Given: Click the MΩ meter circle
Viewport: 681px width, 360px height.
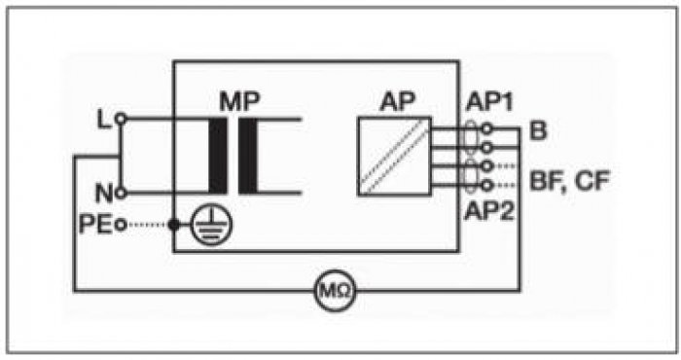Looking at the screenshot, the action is (x=335, y=290).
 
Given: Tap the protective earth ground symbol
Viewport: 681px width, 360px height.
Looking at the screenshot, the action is (x=212, y=225).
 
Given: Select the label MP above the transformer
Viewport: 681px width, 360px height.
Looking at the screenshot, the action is (x=239, y=101).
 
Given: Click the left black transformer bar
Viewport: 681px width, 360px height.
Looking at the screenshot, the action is (x=218, y=156).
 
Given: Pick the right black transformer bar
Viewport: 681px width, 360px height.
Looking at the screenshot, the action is (x=248, y=156).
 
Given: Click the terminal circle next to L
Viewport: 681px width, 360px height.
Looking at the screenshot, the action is (x=121, y=119).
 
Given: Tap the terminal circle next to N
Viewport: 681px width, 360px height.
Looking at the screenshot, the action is (x=121, y=193).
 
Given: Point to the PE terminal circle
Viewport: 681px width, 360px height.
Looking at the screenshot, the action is (x=122, y=225).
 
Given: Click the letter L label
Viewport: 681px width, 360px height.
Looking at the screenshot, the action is (x=104, y=120).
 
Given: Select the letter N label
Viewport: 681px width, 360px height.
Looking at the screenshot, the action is (x=104, y=194).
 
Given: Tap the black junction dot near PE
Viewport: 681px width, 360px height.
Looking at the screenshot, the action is (x=174, y=225).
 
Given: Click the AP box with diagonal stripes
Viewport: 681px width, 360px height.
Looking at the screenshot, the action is (x=394, y=157).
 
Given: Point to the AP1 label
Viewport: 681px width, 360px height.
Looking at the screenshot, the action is (x=489, y=102).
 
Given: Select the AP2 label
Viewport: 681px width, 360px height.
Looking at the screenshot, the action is (x=489, y=211).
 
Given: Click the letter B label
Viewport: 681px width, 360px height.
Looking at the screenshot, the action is (x=538, y=129).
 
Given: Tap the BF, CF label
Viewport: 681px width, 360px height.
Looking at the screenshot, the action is (x=570, y=181).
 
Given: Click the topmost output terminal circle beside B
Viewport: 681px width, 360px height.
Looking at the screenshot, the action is (x=487, y=128).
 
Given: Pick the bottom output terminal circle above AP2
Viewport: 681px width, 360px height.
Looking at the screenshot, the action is (x=487, y=186).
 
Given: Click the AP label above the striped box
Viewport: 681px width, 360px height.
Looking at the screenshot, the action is (x=397, y=102).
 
